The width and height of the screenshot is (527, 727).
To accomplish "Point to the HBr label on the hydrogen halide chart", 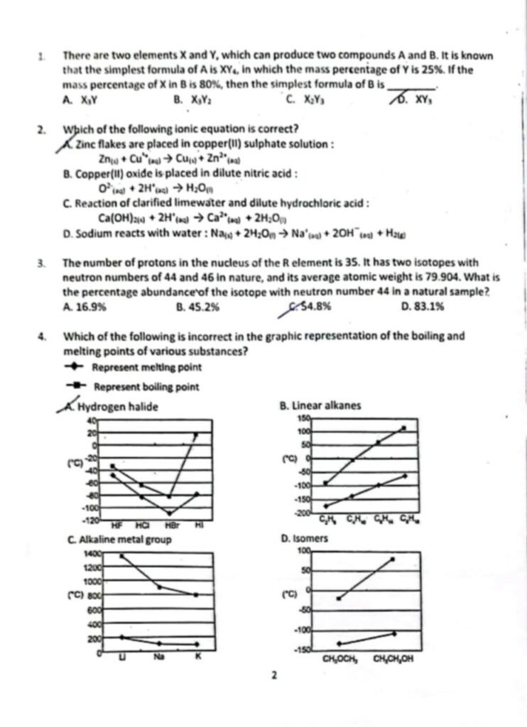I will point(170,525).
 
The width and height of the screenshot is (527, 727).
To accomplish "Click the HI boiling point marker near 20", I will point(197,434).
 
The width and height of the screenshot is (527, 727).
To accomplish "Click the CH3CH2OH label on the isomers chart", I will point(393,658).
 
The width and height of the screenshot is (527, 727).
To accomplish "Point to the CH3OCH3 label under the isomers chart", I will point(339,658).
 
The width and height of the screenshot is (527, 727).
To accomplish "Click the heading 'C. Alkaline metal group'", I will point(116,540).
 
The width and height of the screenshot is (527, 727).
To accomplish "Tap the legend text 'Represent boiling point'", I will point(146,387).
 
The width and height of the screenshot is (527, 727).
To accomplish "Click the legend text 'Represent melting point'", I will point(146,367).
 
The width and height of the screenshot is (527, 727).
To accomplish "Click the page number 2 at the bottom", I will point(273,675).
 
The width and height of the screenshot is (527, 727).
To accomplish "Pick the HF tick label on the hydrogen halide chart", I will point(118,525).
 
